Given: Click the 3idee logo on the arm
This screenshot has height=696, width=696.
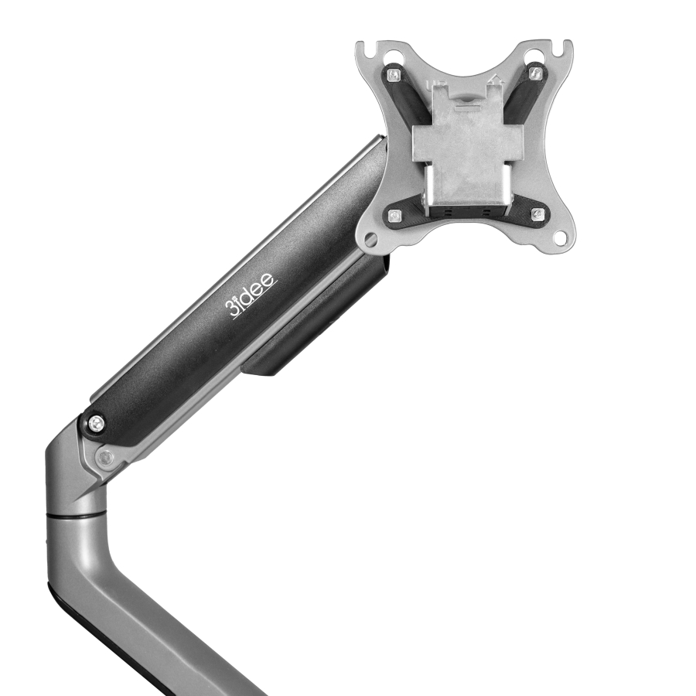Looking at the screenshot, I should point(252,294).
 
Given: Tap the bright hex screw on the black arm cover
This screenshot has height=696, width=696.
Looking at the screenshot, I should point(95,423).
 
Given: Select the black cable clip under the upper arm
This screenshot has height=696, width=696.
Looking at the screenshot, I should point(317,325).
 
